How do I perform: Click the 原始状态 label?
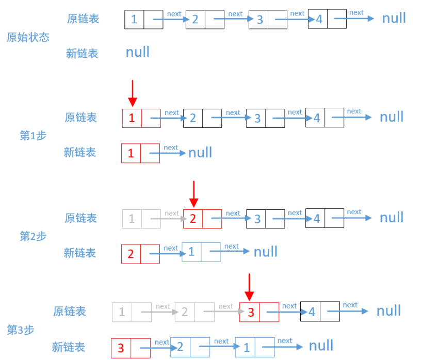(28, 37)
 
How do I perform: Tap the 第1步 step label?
(33, 136)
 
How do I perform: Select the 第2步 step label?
(33, 236)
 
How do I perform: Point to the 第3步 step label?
(21, 330)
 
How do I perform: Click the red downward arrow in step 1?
(133, 93)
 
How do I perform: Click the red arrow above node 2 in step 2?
(193, 194)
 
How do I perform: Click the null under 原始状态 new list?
(138, 52)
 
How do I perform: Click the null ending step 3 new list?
(321, 345)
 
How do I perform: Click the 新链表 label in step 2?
(79, 253)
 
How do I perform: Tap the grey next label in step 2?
(171, 213)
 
